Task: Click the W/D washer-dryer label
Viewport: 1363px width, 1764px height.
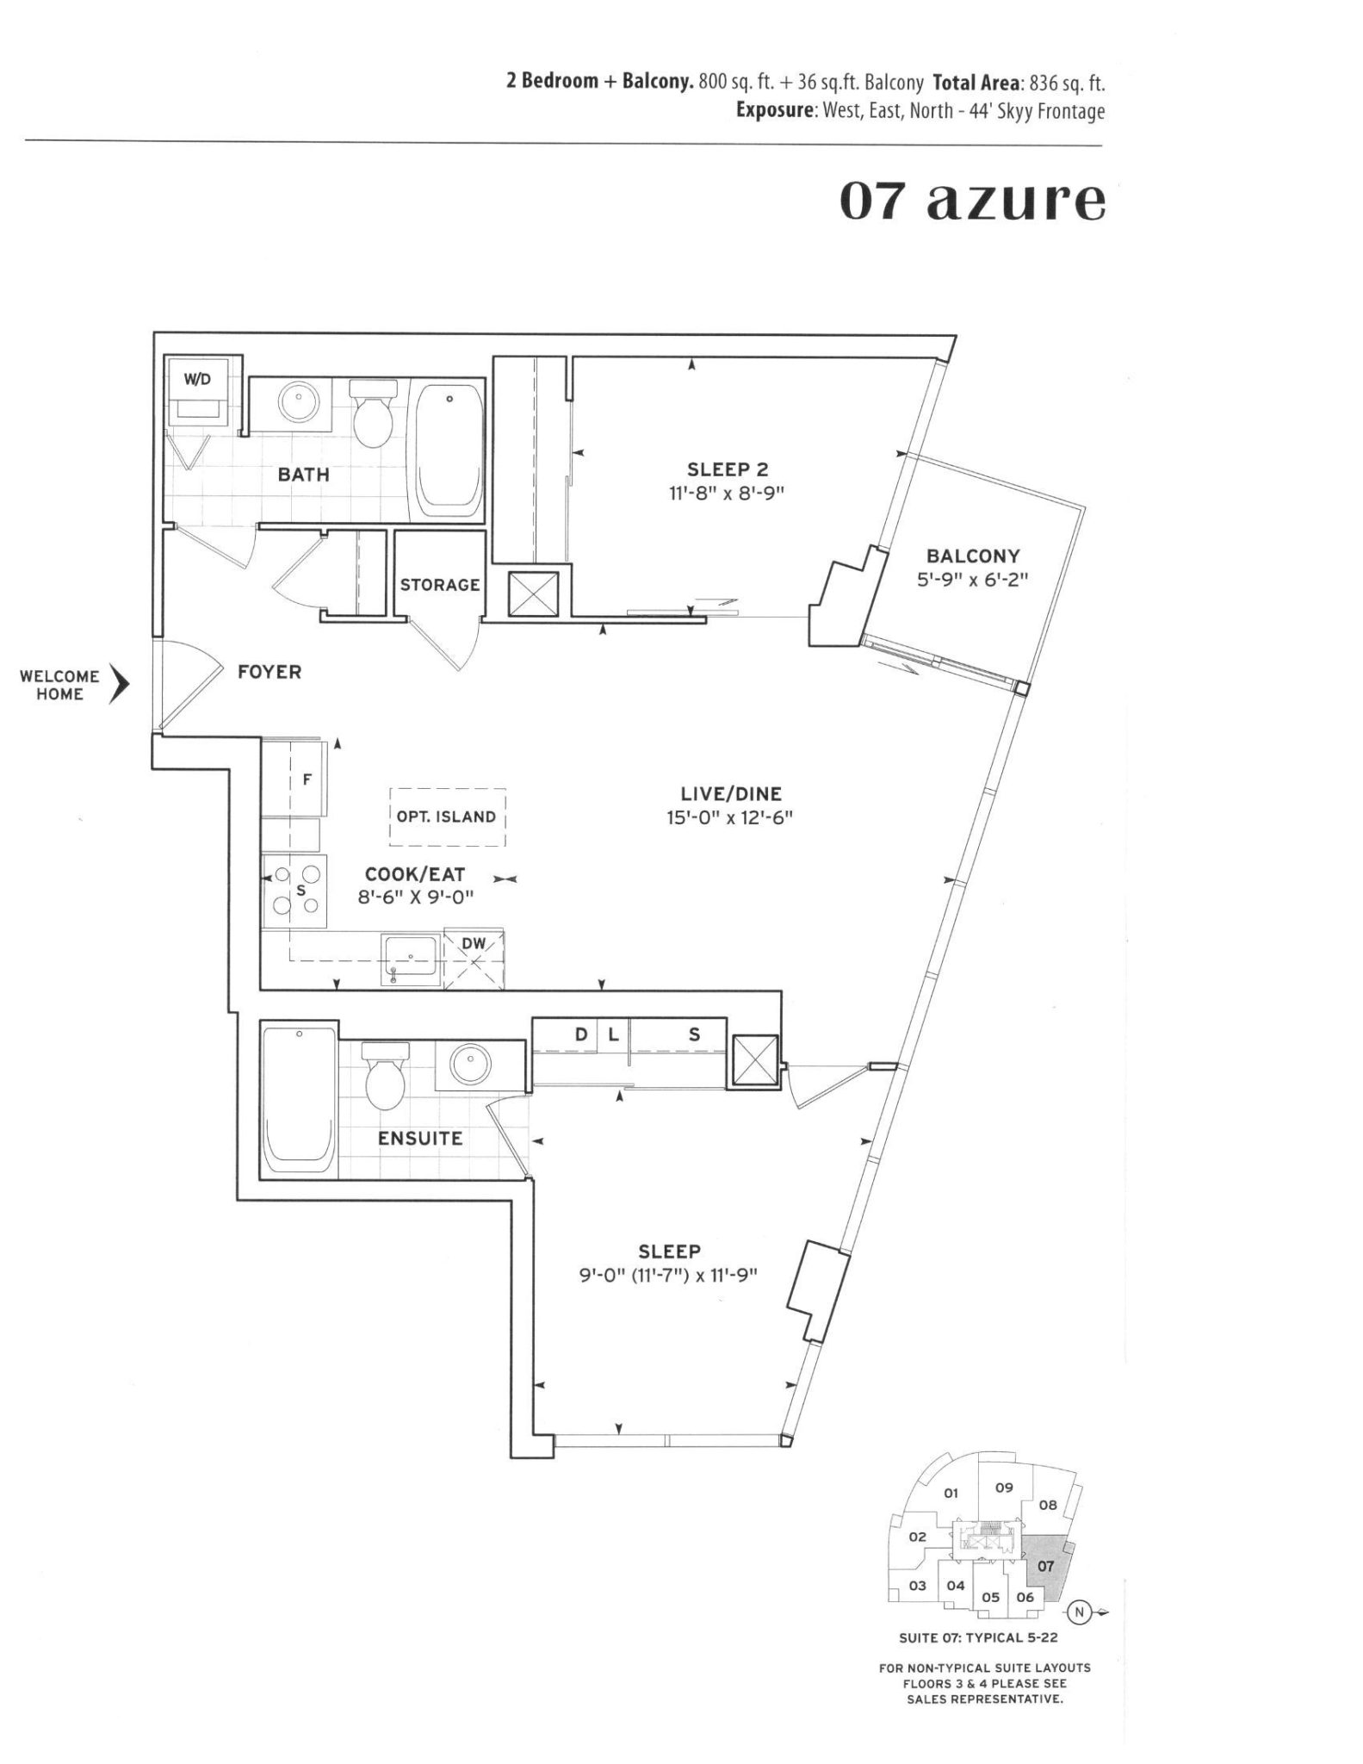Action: coord(197,380)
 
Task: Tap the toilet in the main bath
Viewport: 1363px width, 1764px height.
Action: coord(372,416)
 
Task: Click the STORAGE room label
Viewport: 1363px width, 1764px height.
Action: coord(439,585)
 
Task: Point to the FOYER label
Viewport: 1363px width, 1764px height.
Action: coord(270,672)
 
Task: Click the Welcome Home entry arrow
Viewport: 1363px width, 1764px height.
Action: coord(119,686)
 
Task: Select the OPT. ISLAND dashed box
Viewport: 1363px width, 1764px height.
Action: coord(447,817)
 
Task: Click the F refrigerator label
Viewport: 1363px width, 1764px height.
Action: coord(306,781)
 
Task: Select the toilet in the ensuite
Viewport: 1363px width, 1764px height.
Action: coord(383,1077)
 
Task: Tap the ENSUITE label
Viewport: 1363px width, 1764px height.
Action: coord(420,1139)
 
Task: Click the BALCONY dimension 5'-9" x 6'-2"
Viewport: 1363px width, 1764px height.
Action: coord(973,581)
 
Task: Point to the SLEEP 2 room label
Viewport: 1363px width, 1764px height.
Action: coord(728,469)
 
